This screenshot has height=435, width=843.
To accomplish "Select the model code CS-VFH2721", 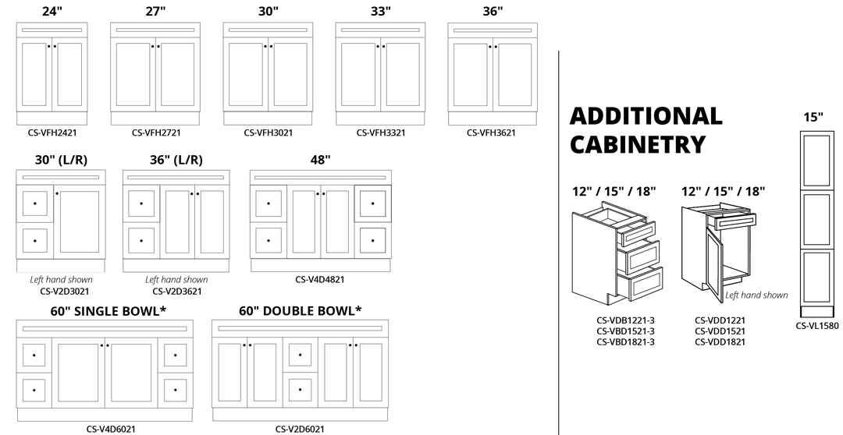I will pyautogui.click(x=158, y=133).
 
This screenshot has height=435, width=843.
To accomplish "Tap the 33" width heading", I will pyautogui.click(x=381, y=11).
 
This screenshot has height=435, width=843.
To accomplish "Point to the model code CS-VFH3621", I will pyautogui.click(x=491, y=133).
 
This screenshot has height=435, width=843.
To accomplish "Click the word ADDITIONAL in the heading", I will pyautogui.click(x=646, y=116).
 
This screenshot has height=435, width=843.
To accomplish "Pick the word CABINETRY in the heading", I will pyautogui.click(x=638, y=144).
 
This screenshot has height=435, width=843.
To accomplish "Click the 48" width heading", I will pyautogui.click(x=320, y=160).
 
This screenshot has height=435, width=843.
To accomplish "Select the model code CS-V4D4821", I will pyautogui.click(x=320, y=279).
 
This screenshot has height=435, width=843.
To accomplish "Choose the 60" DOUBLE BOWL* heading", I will pyautogui.click(x=301, y=311).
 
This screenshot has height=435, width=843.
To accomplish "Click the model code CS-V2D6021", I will pyautogui.click(x=301, y=429).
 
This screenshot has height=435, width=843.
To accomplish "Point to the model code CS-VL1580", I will pyautogui.click(x=817, y=326).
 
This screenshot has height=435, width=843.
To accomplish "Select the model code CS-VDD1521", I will pyautogui.click(x=720, y=331).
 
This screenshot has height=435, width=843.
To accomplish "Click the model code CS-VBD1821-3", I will pyautogui.click(x=625, y=341).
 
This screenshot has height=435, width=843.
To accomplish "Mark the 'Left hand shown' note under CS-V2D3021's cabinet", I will pyautogui.click(x=61, y=280).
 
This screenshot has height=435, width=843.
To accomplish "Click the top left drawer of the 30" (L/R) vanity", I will pyautogui.click(x=34, y=203).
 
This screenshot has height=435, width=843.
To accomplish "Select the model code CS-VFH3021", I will pyautogui.click(x=269, y=133).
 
